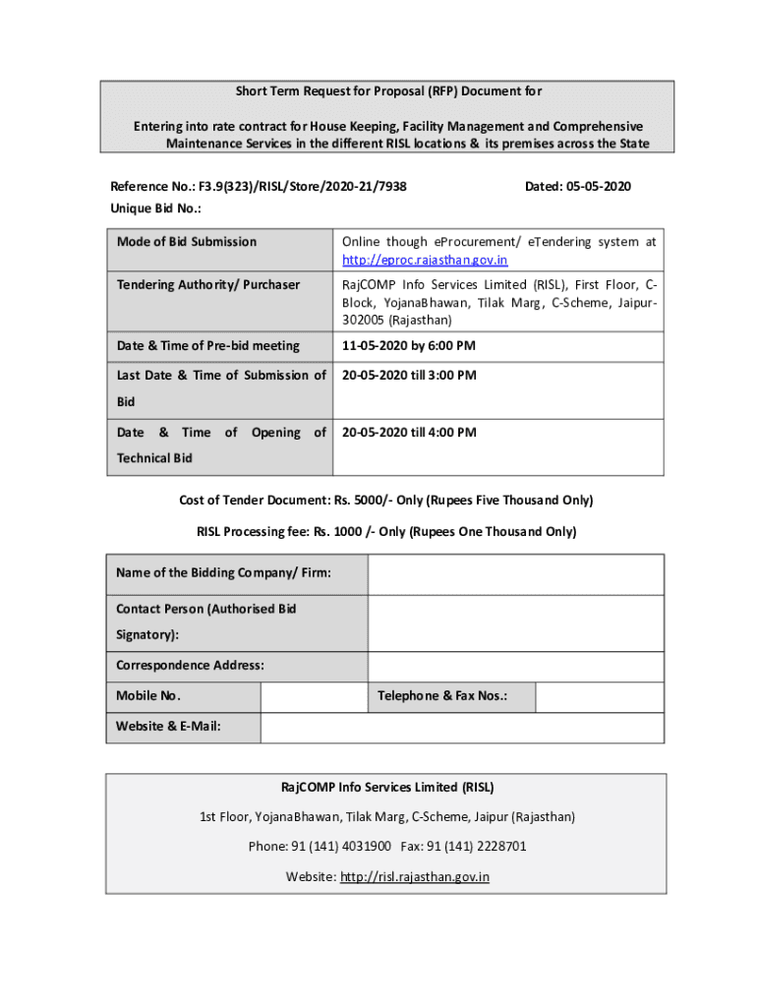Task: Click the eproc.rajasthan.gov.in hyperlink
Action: coord(425,261)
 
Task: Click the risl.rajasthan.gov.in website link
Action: coord(415,876)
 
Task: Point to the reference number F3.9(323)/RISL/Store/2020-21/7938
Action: coord(303,186)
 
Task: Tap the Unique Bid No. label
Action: coord(155,208)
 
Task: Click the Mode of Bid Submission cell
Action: coord(187,242)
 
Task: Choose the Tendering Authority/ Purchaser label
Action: coord(208,285)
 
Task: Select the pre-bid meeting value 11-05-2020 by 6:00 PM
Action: coord(408,346)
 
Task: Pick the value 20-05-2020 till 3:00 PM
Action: coord(408,376)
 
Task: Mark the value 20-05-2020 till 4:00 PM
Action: coord(408,433)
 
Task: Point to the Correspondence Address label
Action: coord(190,666)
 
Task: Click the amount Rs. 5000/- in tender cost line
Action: coord(363,501)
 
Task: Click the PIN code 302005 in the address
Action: coord(364,321)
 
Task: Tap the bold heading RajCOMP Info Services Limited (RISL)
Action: coord(387,788)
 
